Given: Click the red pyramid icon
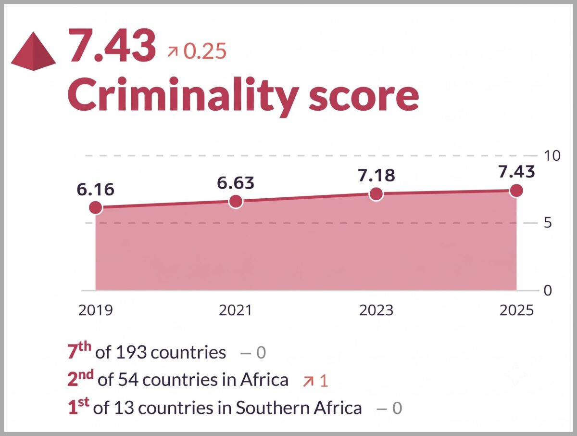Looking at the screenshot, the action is [33, 51].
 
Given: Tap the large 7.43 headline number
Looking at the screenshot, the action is [112, 45].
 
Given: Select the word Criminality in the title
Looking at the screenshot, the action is [183, 97].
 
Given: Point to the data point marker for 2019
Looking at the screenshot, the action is [96, 207].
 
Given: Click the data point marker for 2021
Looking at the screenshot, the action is [236, 202].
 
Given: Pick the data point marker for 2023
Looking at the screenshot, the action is [376, 194].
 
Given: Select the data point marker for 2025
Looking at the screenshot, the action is [516, 191].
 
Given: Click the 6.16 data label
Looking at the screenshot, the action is [96, 190].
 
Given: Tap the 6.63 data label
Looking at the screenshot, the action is [236, 183].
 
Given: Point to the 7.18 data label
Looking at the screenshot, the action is [376, 175].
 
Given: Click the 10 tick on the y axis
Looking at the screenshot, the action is [552, 155].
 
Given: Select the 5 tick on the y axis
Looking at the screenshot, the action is [548, 223].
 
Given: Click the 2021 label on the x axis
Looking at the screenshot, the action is [236, 310].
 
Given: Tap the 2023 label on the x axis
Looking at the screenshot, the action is [376, 310].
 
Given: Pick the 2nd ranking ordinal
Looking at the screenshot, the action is [81, 378].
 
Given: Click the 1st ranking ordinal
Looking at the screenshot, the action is [78, 406].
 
